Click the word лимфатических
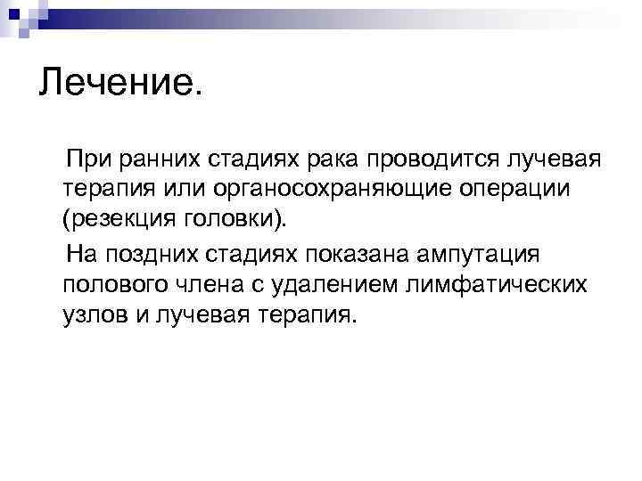click(x=507, y=284)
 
